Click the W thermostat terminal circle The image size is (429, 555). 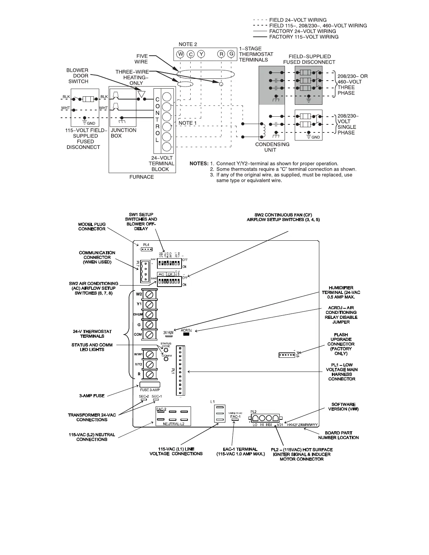pyautogui.click(x=180, y=54)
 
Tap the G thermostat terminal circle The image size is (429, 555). pyautogui.click(x=231, y=54)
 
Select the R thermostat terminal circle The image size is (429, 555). pyautogui.click(x=221, y=54)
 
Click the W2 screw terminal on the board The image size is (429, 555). pyautogui.click(x=150, y=294)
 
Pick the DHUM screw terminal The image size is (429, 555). pyautogui.click(x=150, y=314)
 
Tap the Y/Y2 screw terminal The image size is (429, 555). pyautogui.click(x=150, y=364)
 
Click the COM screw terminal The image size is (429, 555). pyautogui.click(x=150, y=335)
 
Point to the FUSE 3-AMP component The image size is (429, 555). pyautogui.click(x=150, y=385)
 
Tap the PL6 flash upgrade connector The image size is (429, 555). pyautogui.click(x=287, y=355)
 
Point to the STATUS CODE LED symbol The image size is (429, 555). pyautogui.click(x=166, y=350)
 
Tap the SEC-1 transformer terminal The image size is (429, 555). pyautogui.click(x=156, y=399)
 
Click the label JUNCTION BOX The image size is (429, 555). pyautogui.click(x=123, y=133)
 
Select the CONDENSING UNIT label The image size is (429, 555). pyautogui.click(x=272, y=147)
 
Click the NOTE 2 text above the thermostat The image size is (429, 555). pyautogui.click(x=188, y=44)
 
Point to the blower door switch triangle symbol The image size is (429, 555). pyautogui.click(x=142, y=94)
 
